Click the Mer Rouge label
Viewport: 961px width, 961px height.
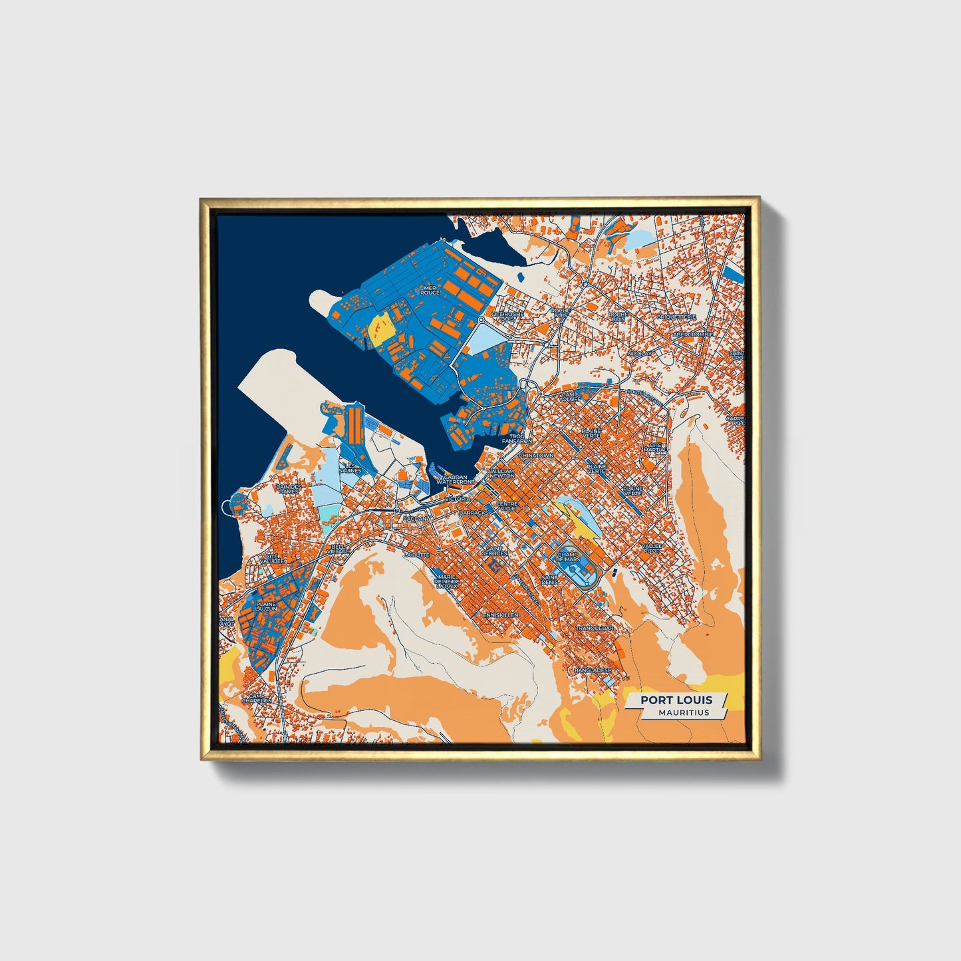pyautogui.click(x=431, y=291)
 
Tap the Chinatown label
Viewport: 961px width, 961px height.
pyautogui.click(x=536, y=456)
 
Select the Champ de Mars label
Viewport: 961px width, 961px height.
pyautogui.click(x=569, y=556)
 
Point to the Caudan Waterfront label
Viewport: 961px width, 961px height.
pyautogui.click(x=456, y=480)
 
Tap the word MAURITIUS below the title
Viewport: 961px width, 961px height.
pyautogui.click(x=684, y=712)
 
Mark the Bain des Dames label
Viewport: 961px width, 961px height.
pyautogui.click(x=289, y=489)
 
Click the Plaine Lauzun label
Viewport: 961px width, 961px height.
pyautogui.click(x=265, y=607)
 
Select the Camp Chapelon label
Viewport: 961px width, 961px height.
pyautogui.click(x=256, y=698)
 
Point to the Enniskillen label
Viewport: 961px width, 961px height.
pyautogui.click(x=501, y=615)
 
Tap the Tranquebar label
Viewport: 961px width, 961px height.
pyautogui.click(x=594, y=628)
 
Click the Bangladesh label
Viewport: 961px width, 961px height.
pyautogui.click(x=592, y=670)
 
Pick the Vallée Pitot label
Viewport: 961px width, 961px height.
pyautogui.click(x=652, y=549)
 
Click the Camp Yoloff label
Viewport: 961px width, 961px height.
pyautogui.click(x=570, y=396)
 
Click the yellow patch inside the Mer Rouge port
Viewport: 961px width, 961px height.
pyautogui.click(x=380, y=327)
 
